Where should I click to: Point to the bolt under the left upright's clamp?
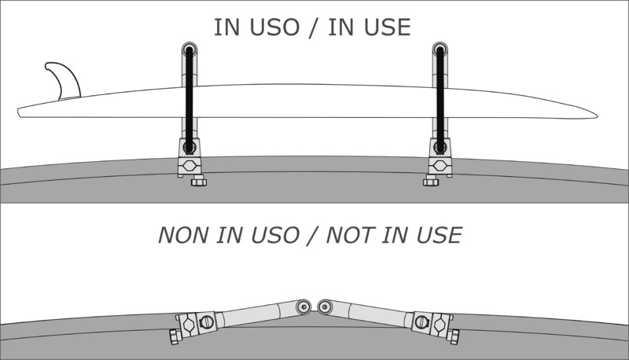click(198, 182)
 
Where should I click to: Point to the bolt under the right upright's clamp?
click(430, 182)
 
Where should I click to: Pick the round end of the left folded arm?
click(303, 306)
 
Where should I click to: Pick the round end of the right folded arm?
click(326, 306)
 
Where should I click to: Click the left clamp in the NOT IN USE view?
click(195, 323)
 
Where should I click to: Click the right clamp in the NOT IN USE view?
click(433, 323)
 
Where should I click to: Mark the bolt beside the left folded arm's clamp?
click(174, 336)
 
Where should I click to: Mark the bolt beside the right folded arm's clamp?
click(455, 336)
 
